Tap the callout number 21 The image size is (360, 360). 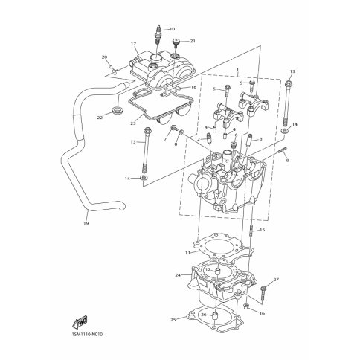[x=193, y=41]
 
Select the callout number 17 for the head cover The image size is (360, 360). [x=134, y=44]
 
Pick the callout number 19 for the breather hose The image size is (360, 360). [x=86, y=223]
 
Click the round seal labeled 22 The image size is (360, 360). [x=118, y=110]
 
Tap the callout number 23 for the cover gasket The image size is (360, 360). [x=133, y=123]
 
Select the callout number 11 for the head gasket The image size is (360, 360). [x=187, y=253]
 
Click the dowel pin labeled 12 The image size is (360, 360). [x=217, y=271]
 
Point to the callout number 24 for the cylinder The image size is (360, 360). [x=178, y=275]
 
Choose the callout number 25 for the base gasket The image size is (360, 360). [x=173, y=320]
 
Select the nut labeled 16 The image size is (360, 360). [x=246, y=307]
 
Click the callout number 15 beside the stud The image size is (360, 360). [x=262, y=230]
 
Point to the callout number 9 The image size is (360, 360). [x=287, y=161]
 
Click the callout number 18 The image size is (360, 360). [x=193, y=87]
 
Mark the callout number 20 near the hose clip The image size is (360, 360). [x=104, y=57]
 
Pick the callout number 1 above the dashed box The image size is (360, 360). [x=237, y=68]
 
